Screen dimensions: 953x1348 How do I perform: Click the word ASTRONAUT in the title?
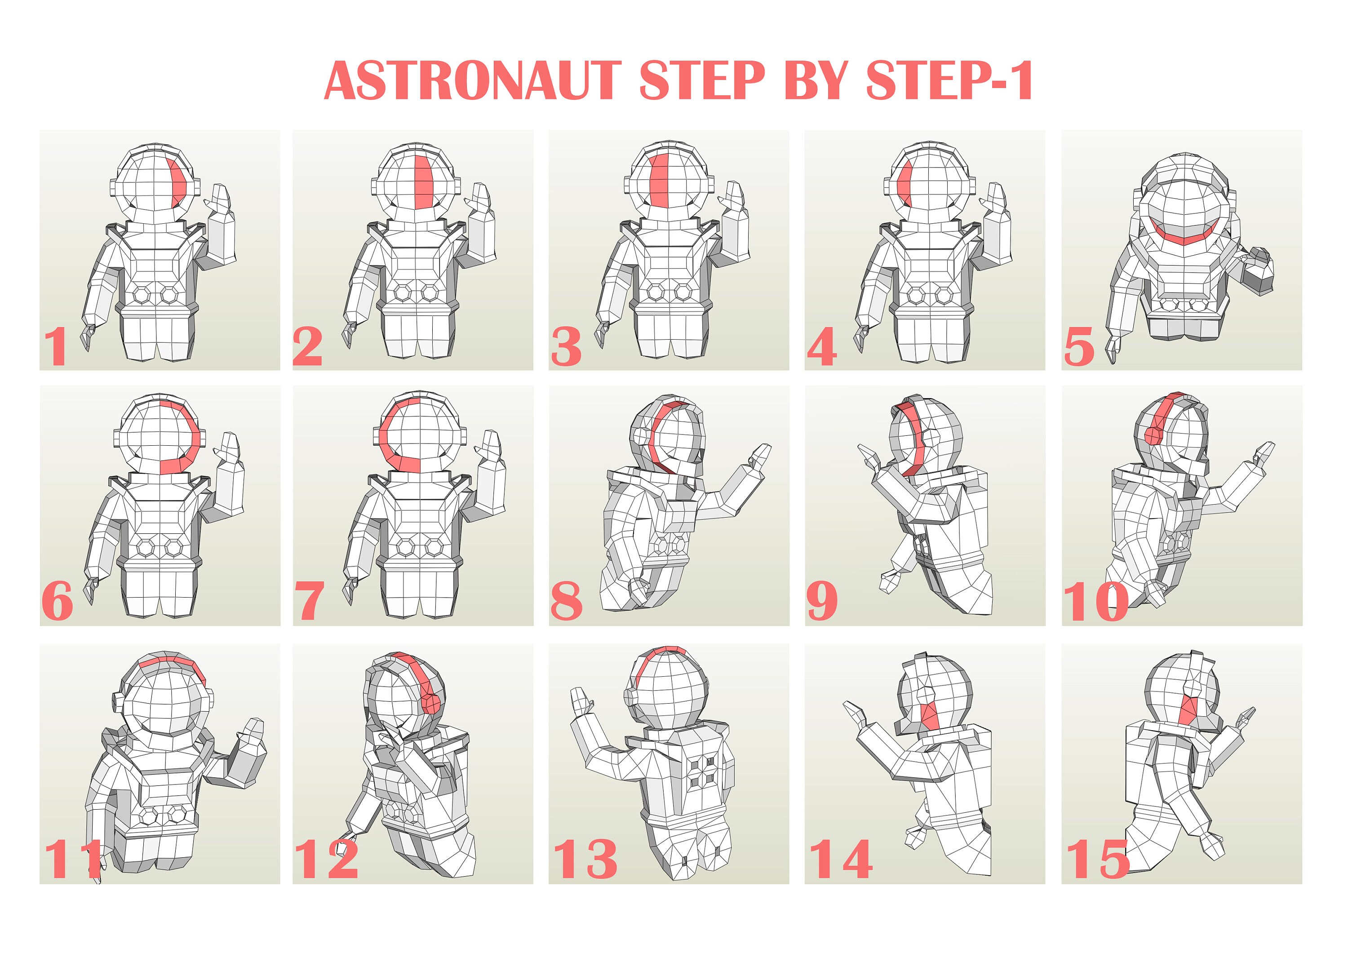(473, 80)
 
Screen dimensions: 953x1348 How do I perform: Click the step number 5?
(1079, 347)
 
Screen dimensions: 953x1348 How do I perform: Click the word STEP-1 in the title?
(949, 80)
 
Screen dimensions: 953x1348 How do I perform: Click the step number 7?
(310, 601)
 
